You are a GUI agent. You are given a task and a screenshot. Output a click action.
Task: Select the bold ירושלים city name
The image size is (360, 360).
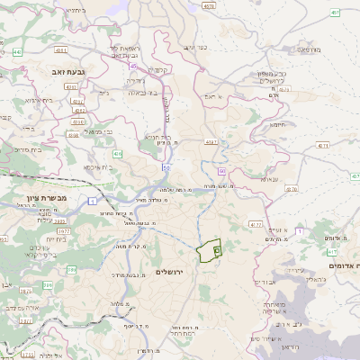tap(170, 272)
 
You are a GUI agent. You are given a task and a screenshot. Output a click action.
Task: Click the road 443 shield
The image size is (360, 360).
tap(17, 52)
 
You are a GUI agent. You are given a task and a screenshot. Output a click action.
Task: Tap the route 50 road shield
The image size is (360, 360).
tap(166, 167)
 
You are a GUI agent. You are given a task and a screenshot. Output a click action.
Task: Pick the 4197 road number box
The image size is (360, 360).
tap(212, 141)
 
